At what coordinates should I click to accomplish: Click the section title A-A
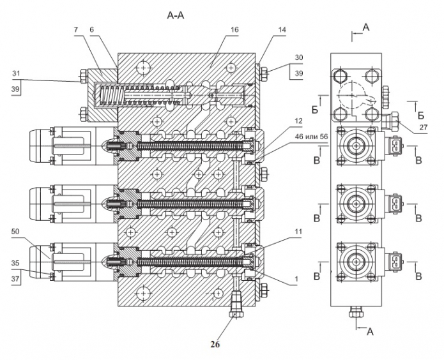pos(176,15)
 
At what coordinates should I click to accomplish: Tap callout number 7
pos(76,30)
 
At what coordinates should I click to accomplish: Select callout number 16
pos(234,30)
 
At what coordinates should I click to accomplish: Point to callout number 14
pos(282,30)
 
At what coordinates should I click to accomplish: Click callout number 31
pos(16,73)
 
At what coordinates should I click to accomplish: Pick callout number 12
pos(298,121)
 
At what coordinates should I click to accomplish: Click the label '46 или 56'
pos(311,137)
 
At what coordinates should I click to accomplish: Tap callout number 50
pos(15,232)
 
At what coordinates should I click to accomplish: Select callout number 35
pos(15,264)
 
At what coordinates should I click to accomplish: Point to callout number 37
pos(15,279)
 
